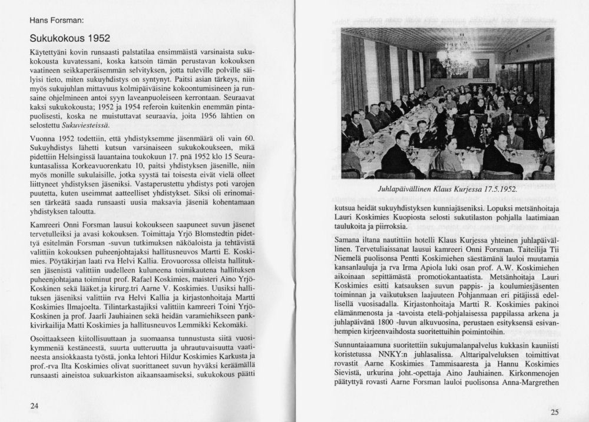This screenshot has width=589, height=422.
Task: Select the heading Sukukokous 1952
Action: point(70,39)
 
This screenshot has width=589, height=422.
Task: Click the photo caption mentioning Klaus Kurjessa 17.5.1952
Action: point(448,190)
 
